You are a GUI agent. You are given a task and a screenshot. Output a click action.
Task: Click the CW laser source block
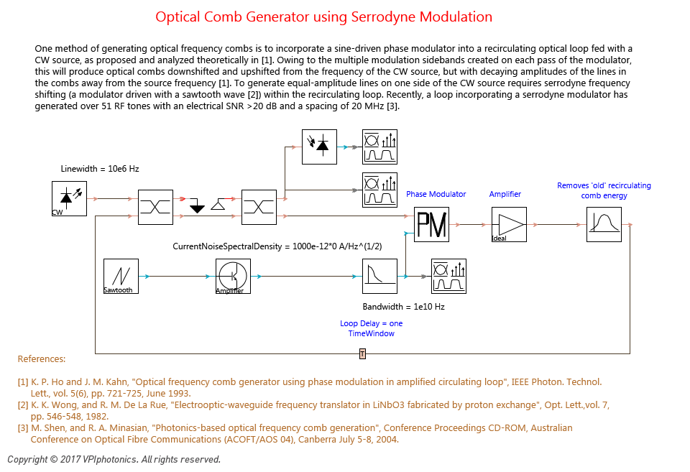click(x=69, y=198)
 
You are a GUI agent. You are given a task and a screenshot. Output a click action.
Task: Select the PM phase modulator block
click(x=432, y=224)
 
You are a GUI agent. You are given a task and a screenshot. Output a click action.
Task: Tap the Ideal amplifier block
click(x=509, y=224)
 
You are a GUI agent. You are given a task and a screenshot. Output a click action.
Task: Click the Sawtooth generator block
click(x=121, y=277)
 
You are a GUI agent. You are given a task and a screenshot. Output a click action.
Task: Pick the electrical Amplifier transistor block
click(x=233, y=277)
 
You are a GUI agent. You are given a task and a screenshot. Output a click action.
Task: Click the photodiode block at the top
click(x=319, y=147)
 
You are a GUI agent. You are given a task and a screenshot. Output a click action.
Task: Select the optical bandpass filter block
click(x=604, y=224)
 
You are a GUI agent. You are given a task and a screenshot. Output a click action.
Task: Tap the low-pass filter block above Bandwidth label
click(x=379, y=277)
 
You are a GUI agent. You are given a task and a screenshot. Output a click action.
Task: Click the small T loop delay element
click(x=362, y=353)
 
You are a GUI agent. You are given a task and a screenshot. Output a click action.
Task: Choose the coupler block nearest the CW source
click(x=156, y=207)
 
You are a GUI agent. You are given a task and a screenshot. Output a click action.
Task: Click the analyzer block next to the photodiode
click(x=379, y=147)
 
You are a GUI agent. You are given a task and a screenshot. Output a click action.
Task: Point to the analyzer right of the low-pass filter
click(x=448, y=277)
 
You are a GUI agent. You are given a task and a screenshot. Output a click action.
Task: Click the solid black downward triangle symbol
click(x=197, y=206)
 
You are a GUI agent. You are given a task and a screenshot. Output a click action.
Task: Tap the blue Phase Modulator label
click(x=436, y=194)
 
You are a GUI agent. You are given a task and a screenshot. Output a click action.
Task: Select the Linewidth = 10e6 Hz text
click(x=100, y=169)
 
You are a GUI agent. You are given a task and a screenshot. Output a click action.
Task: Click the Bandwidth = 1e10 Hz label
click(x=403, y=307)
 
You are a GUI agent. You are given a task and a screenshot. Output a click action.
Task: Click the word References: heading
click(x=42, y=359)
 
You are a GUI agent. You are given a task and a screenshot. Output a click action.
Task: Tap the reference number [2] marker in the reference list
click(x=23, y=405)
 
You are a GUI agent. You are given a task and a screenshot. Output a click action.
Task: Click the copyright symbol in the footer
click(x=54, y=459)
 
